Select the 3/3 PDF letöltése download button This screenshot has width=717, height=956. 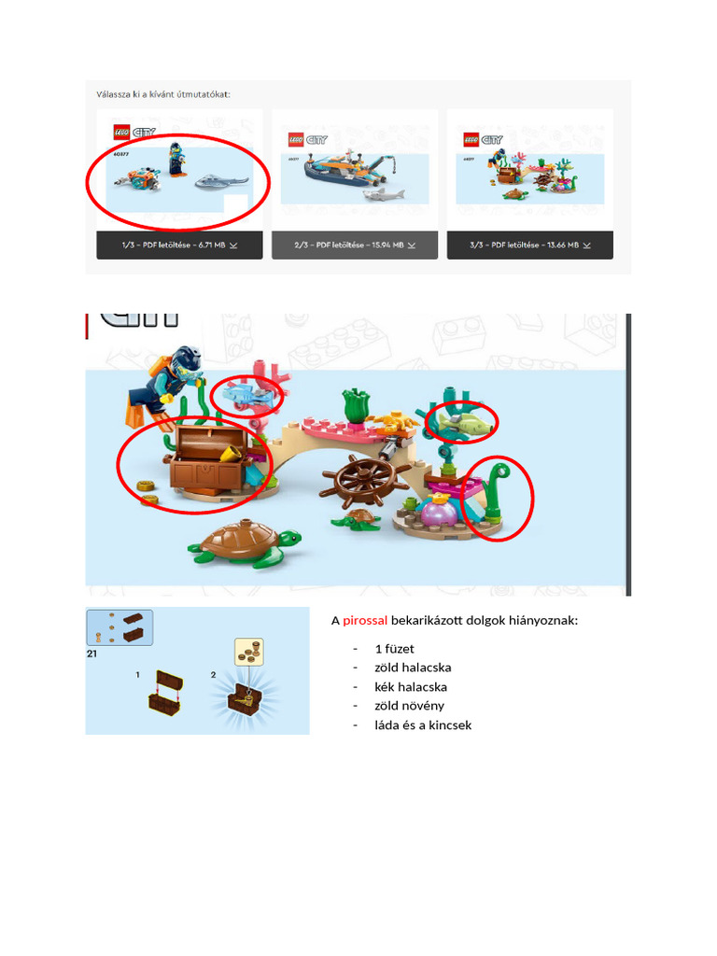coord(529,245)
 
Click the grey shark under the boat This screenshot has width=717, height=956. coord(383,194)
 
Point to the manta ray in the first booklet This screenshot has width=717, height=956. coord(222,180)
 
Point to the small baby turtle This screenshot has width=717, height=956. coord(357,521)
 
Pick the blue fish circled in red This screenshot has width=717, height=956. coord(247,395)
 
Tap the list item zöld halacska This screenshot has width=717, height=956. coord(413,668)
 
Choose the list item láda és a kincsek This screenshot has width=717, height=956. coord(423,724)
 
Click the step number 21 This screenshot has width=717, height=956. coord(92,654)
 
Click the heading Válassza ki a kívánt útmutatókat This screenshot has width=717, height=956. coord(163,94)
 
